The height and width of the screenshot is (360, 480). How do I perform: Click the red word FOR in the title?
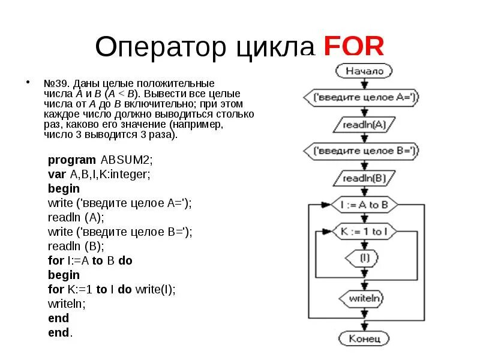click(x=353, y=47)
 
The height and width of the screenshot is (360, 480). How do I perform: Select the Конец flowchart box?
click(x=361, y=338)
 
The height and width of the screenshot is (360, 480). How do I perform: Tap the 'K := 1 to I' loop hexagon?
click(x=361, y=232)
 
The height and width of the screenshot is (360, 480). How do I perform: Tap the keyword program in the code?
click(x=72, y=160)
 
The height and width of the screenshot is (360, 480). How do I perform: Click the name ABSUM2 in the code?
click(x=127, y=160)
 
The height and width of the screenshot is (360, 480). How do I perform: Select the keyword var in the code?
click(x=57, y=174)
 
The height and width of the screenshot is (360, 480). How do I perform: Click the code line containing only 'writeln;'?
click(x=67, y=304)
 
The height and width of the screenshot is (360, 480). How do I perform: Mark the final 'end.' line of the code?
click(x=60, y=332)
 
